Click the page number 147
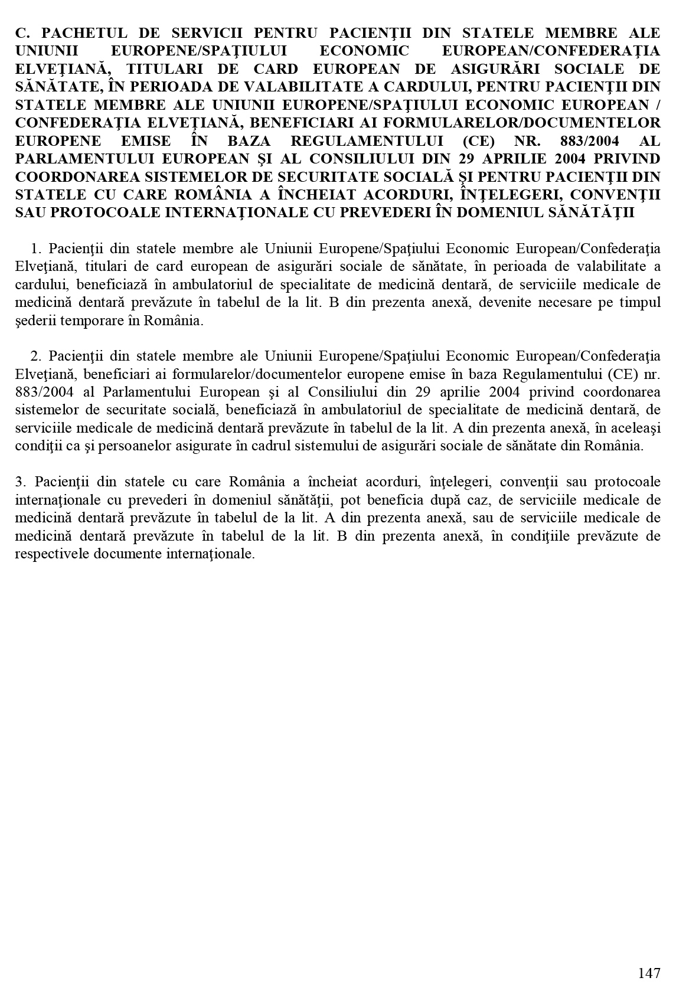pyautogui.click(x=649, y=973)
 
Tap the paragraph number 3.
pyautogui.click(x=19, y=482)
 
